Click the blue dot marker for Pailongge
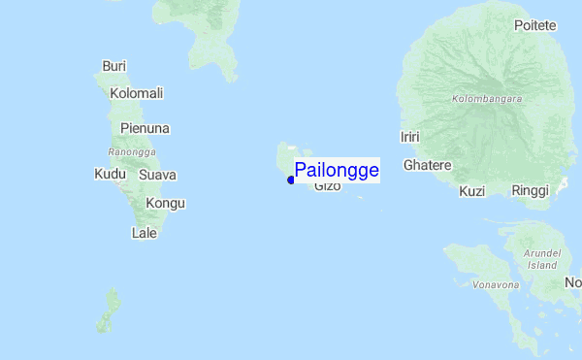[x=291, y=180]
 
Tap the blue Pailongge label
[x=337, y=170]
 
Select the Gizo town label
[x=328, y=185]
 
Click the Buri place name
[x=114, y=67]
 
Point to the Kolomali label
[x=137, y=93]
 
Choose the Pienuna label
[x=145, y=128]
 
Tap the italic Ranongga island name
[x=133, y=152]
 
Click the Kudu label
[x=110, y=175]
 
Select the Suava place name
[x=157, y=175]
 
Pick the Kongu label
[x=165, y=203]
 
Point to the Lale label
[x=144, y=233]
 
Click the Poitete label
[x=535, y=25]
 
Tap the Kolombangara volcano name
[x=487, y=99]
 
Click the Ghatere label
[x=428, y=165]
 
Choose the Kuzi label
[x=471, y=191]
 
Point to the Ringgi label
[x=531, y=191]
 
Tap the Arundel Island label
[x=542, y=259]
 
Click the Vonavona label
[x=495, y=285]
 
